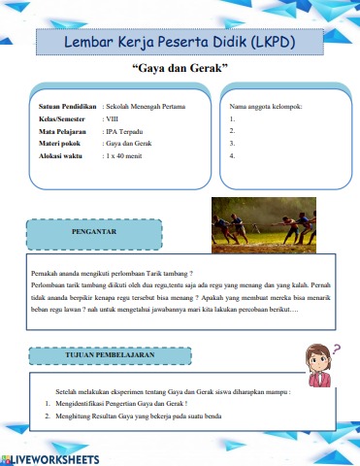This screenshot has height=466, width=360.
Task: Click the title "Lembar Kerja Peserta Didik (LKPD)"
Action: pos(180,43)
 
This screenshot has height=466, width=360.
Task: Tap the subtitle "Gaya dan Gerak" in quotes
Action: pos(180,71)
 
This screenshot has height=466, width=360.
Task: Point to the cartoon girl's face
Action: pos(317,356)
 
